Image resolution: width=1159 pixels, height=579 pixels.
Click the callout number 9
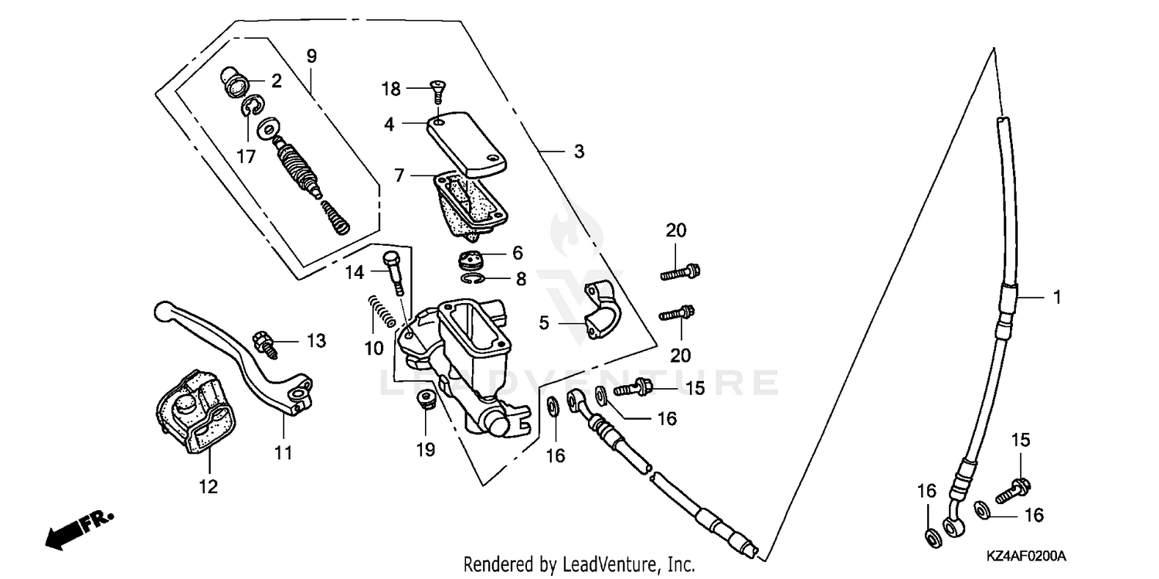(311, 56)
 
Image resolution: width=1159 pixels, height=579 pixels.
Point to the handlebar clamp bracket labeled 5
(602, 310)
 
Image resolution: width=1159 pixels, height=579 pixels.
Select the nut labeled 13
(263, 342)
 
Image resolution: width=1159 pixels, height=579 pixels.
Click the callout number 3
(579, 152)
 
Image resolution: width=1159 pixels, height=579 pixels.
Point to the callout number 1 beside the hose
(1057, 296)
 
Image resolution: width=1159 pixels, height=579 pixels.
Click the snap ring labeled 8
(473, 278)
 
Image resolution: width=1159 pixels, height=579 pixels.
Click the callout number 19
(426, 449)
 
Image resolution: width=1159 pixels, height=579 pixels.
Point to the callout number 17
(246, 156)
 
